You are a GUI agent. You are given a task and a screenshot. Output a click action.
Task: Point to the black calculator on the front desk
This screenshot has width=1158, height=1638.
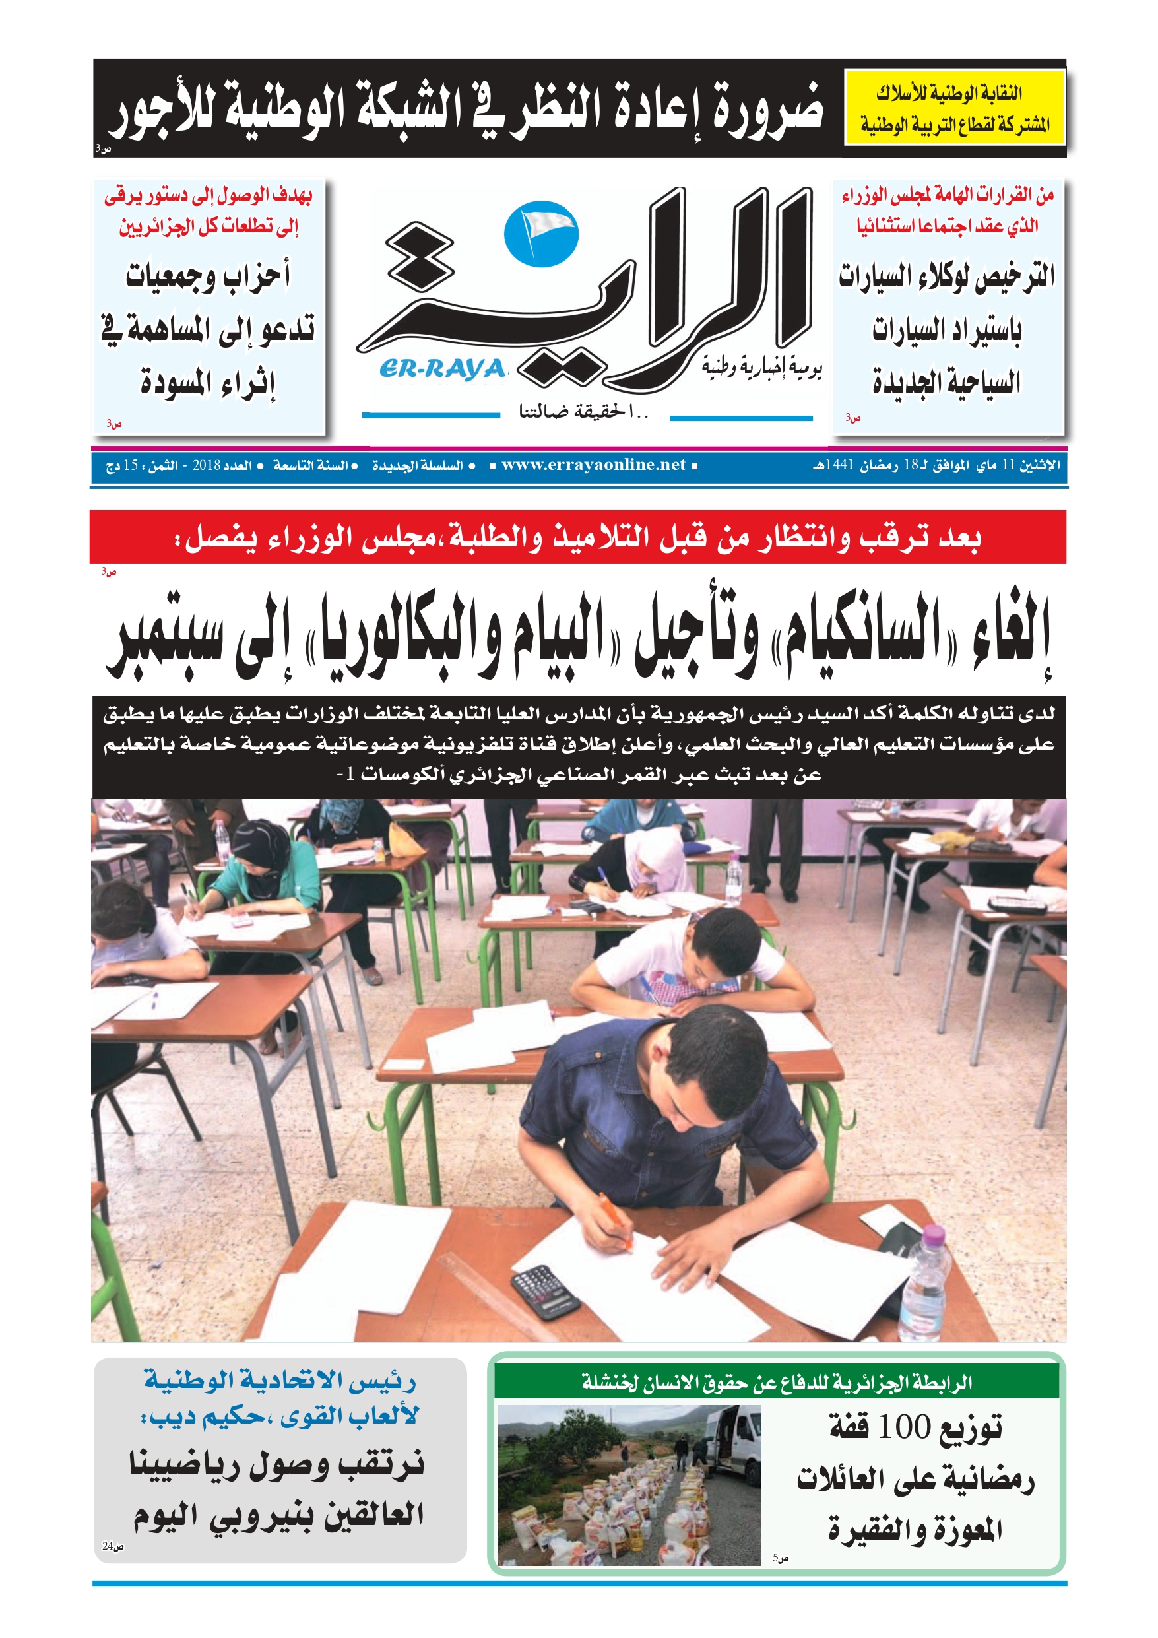546,1291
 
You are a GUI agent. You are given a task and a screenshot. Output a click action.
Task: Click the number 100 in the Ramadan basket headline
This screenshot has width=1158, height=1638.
904,1427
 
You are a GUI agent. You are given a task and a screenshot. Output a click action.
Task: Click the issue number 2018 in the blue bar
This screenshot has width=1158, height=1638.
207,466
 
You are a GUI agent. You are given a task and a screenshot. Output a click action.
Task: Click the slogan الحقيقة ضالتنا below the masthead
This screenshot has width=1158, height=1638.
583,412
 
